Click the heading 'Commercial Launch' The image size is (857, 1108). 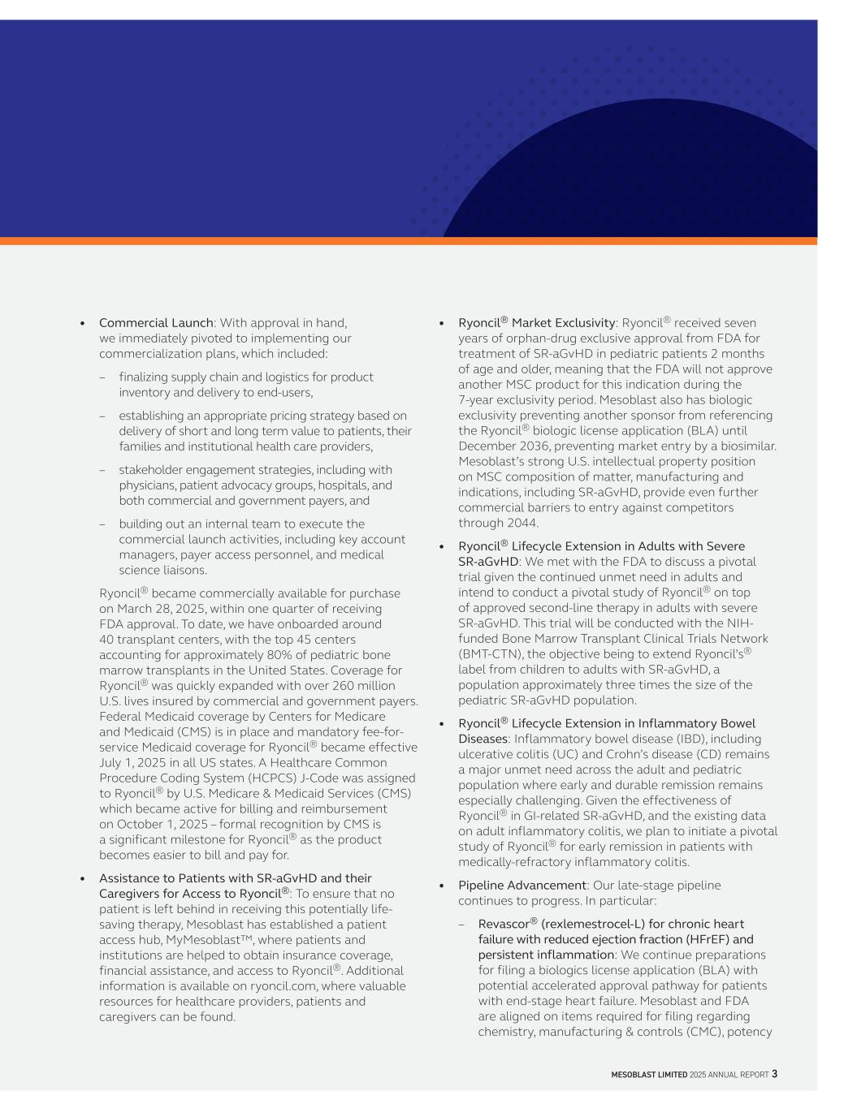click(156, 323)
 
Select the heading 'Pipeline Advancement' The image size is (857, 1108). click(522, 886)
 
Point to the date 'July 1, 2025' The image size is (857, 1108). click(133, 763)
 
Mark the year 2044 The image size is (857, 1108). click(522, 524)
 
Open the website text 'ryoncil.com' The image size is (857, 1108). click(283, 986)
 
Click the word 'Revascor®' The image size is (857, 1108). click(508, 924)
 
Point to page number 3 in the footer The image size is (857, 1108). click(774, 1074)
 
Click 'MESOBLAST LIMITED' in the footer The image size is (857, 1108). click(649, 1075)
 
